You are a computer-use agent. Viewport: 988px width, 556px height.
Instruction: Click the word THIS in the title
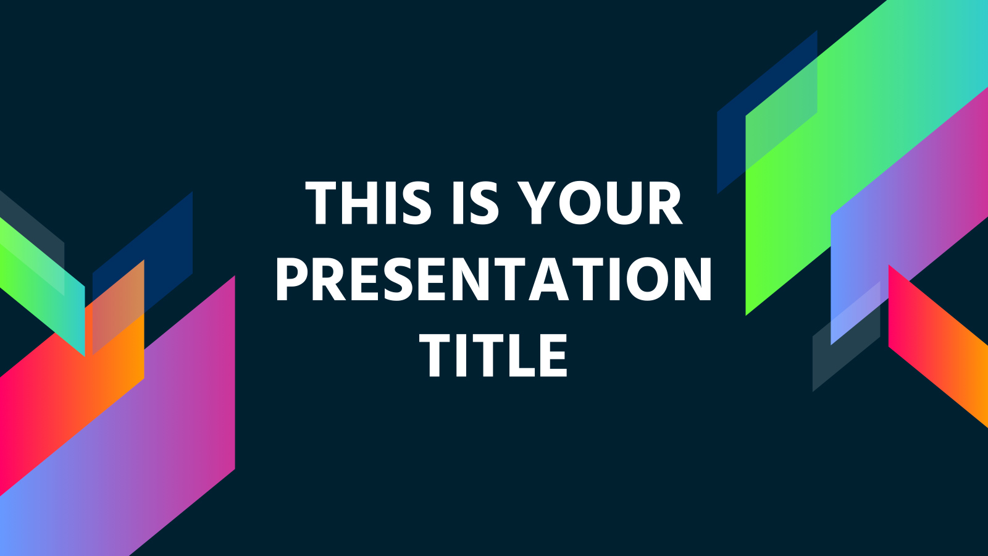(368, 203)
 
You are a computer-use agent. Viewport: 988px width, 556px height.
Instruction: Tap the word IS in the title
(474, 203)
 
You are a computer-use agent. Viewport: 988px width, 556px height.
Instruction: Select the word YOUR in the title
(600, 203)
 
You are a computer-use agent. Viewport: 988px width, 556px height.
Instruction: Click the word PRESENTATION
(494, 279)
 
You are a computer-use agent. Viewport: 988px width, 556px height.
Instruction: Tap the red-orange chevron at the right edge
(932, 346)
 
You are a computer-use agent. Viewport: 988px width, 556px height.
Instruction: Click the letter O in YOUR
(575, 203)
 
